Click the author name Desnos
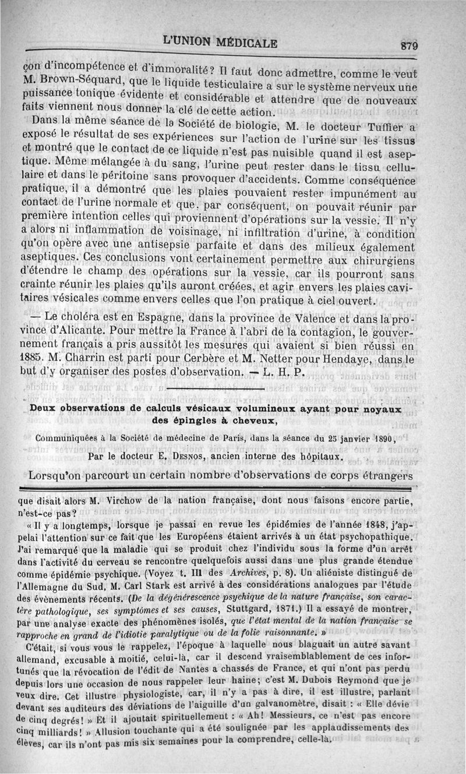coord(199,456)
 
